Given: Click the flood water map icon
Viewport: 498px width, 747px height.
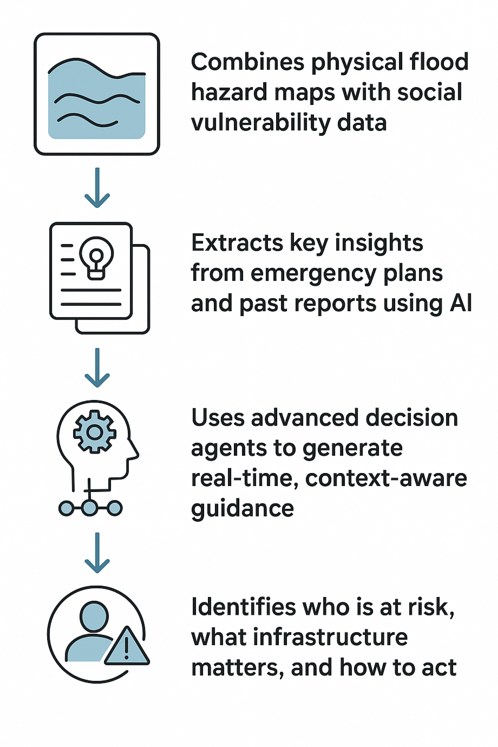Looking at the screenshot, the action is (x=97, y=94).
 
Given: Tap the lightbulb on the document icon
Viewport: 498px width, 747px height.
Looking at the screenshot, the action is (x=96, y=257).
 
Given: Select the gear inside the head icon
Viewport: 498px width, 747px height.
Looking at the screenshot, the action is (x=95, y=431).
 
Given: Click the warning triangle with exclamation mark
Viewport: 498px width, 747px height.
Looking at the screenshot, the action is (x=127, y=647).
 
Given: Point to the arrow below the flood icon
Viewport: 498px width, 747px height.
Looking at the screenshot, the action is (x=97, y=188).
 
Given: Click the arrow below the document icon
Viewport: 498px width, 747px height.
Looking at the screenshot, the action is (x=97, y=368).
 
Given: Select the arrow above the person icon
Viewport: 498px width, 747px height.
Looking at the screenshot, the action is (x=97, y=553).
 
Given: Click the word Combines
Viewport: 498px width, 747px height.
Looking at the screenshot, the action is (x=248, y=62).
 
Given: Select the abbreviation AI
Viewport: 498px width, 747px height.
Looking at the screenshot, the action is (x=461, y=304).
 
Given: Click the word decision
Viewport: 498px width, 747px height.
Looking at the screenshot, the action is (x=411, y=418).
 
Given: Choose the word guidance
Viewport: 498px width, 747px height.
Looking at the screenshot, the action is (x=243, y=509).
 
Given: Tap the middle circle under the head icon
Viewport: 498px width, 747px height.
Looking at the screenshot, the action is (x=90, y=508).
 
